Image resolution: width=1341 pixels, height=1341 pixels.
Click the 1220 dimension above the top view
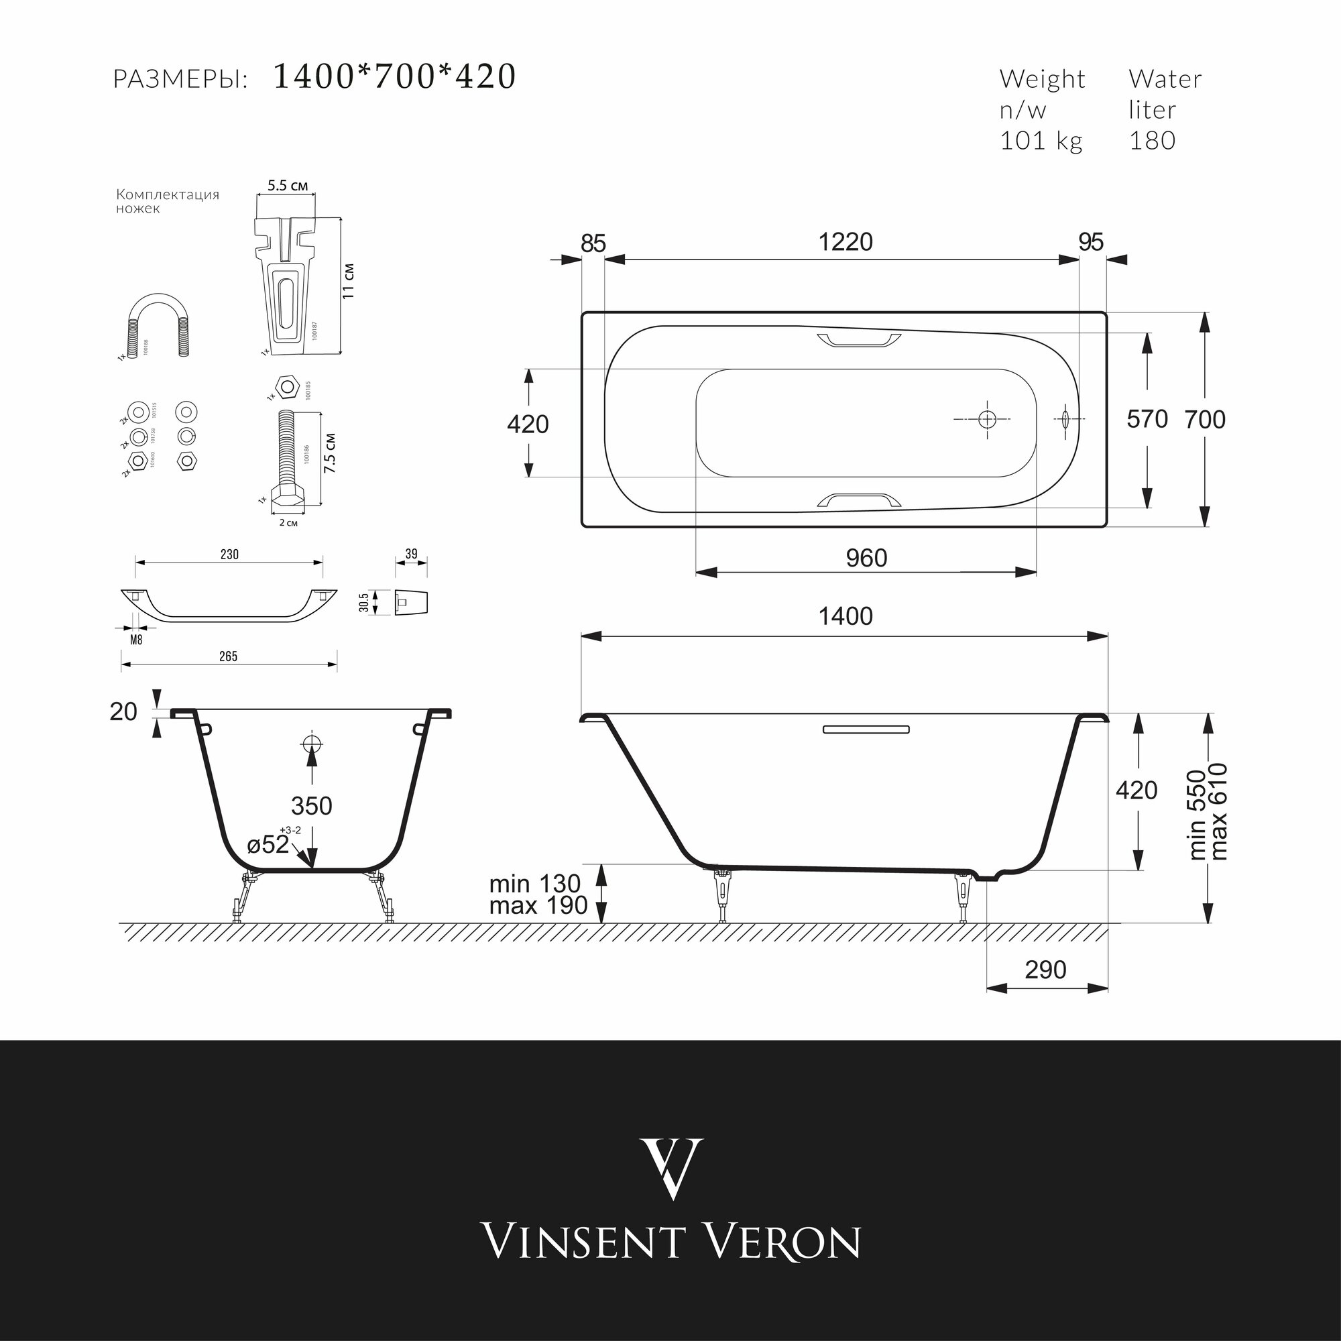pyautogui.click(x=845, y=242)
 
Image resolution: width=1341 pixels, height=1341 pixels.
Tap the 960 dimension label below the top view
pyautogui.click(x=866, y=558)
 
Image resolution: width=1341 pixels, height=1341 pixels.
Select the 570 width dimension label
pyautogui.click(x=1147, y=419)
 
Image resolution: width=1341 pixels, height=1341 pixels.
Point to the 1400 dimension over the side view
pyautogui.click(x=845, y=616)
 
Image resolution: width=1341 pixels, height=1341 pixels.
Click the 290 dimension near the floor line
pyautogui.click(x=1045, y=970)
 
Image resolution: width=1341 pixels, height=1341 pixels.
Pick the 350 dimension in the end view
pyautogui.click(x=312, y=806)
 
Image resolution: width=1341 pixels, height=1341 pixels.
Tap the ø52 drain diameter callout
pyautogui.click(x=269, y=845)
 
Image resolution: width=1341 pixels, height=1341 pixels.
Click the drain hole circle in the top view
pyautogui.click(x=987, y=419)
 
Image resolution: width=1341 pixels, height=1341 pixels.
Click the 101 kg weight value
pyautogui.click(x=1041, y=141)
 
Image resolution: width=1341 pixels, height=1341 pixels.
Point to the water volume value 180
pyautogui.click(x=1152, y=141)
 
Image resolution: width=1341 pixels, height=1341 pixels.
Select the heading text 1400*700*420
pyautogui.click(x=394, y=76)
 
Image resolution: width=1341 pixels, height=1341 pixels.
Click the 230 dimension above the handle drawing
pyautogui.click(x=229, y=554)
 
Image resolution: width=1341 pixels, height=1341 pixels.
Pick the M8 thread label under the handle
pyautogui.click(x=136, y=640)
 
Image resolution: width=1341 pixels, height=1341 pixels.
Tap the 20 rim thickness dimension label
pyautogui.click(x=123, y=711)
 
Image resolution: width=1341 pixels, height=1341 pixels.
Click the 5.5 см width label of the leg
pyautogui.click(x=288, y=186)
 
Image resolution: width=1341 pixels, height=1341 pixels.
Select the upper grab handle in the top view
pyautogui.click(x=859, y=340)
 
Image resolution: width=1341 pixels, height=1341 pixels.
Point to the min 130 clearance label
pyautogui.click(x=534, y=884)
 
